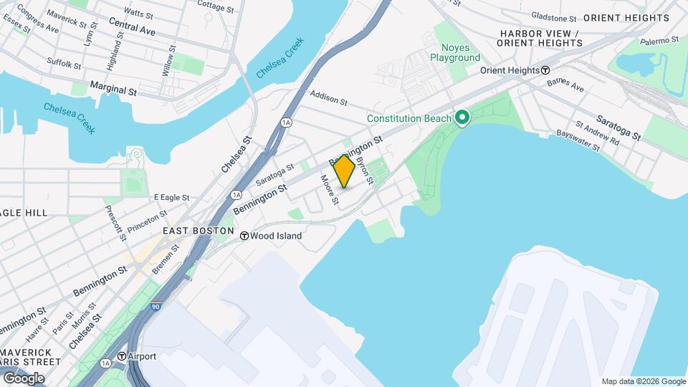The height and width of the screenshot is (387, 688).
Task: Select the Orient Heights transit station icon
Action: [545, 70]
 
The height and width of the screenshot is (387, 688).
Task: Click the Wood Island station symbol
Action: [244, 235]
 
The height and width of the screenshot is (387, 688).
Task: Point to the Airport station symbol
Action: [122, 355]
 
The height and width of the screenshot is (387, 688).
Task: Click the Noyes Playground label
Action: [455, 52]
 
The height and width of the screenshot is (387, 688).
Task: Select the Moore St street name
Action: [328, 189]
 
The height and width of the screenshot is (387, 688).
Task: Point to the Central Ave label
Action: [133, 27]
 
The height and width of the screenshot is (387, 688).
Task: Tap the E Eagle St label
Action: [171, 197]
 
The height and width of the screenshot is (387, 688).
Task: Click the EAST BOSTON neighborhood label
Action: [198, 231]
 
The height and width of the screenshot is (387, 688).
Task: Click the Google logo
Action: [24, 378]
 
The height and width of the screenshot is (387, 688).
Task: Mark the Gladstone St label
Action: [553, 17]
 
